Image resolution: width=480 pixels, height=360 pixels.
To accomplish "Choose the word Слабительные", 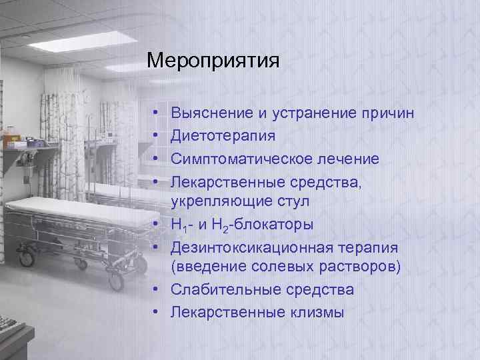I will click(225, 290).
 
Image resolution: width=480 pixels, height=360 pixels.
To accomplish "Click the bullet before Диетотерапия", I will click(154, 137).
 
